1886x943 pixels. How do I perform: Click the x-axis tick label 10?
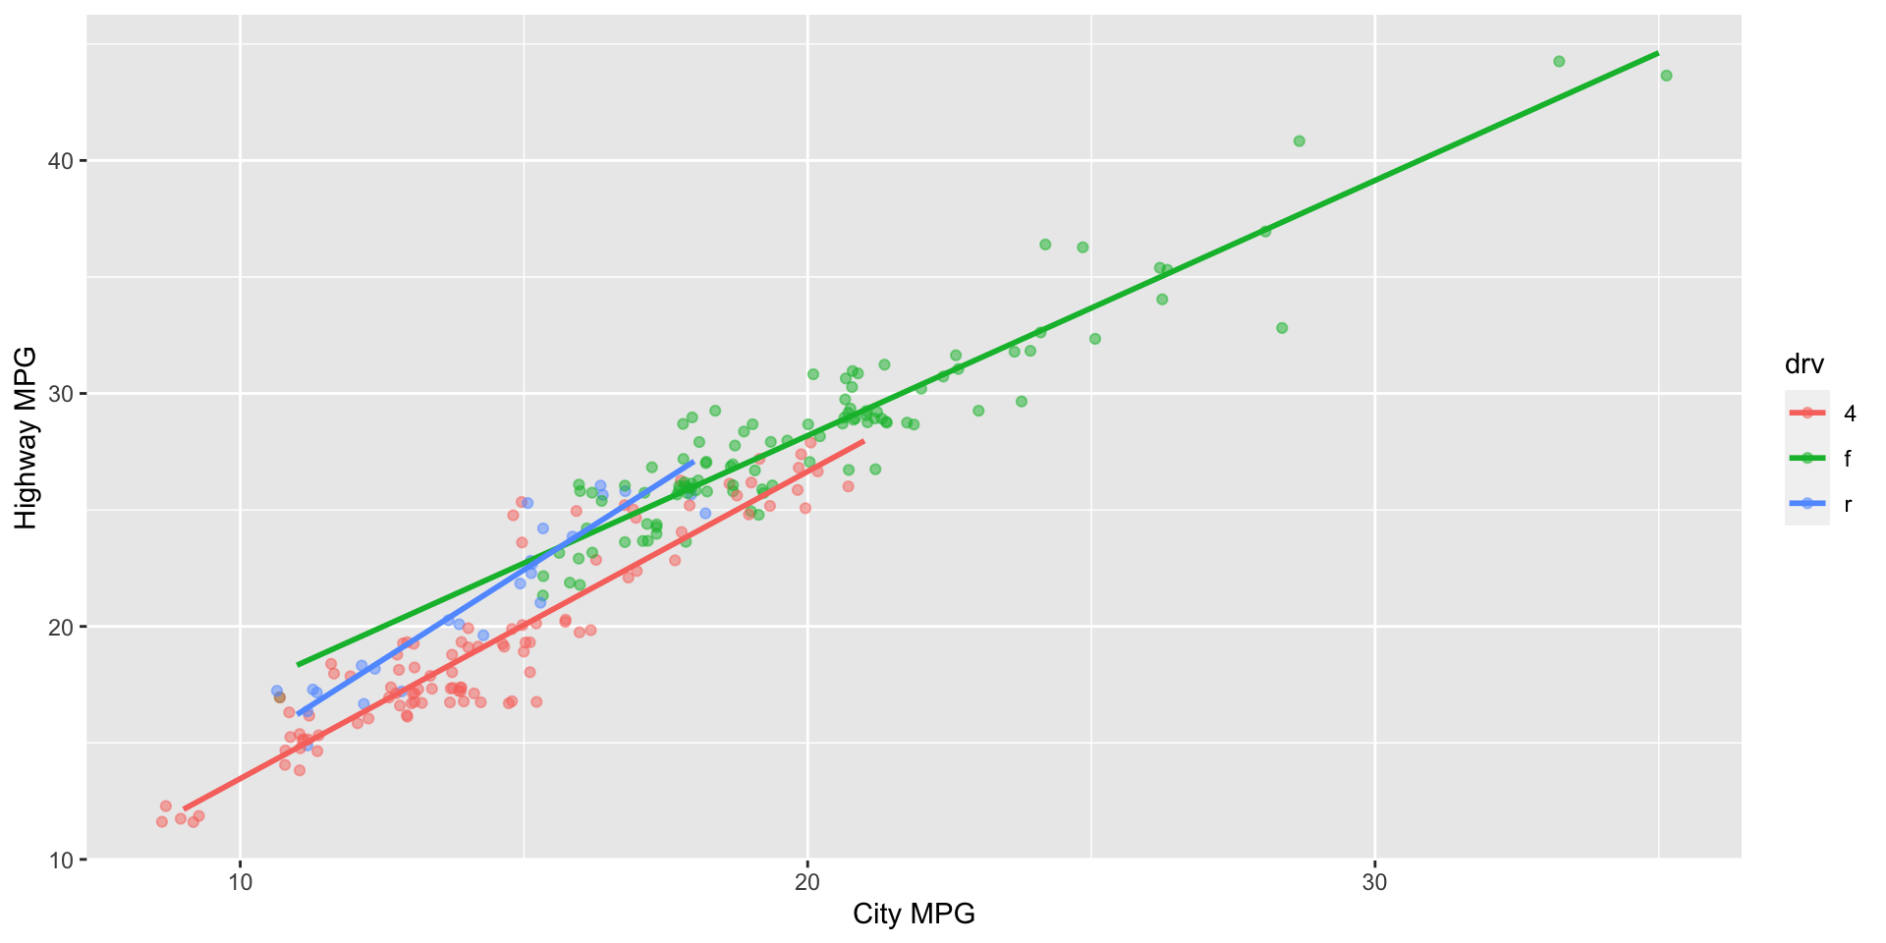tap(241, 883)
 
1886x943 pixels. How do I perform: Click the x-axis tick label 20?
tap(807, 883)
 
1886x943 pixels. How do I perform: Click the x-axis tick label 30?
tap(1374, 883)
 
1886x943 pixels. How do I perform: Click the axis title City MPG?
tap(914, 915)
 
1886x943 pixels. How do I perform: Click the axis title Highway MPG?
tap(27, 438)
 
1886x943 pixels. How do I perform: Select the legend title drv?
tap(1804, 365)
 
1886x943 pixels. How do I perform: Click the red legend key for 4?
tap(1807, 414)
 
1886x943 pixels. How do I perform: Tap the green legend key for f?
tap(1807, 459)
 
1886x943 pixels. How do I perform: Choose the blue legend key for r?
tap(1807, 504)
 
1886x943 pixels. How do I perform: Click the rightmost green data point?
tap(1666, 76)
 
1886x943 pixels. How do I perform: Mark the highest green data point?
tap(1559, 61)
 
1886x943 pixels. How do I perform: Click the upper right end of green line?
tap(1658, 53)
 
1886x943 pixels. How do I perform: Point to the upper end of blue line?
tap(693, 462)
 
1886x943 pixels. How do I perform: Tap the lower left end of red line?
tap(185, 808)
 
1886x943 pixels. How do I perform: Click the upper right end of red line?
tap(864, 441)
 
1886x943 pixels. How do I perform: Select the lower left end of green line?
tap(298, 665)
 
